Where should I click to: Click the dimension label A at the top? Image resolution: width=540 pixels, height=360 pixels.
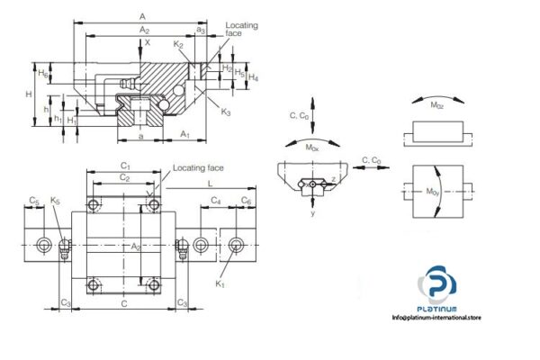point(143,16)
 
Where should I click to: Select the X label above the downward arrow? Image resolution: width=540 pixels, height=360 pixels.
point(148,41)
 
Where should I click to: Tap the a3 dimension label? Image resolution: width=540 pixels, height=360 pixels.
point(201,31)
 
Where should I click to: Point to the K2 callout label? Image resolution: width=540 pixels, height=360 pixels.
point(178,44)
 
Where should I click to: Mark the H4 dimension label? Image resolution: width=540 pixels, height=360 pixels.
point(254,77)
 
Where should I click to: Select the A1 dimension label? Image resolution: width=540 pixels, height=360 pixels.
point(184,134)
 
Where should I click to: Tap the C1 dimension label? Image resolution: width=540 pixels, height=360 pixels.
point(126,166)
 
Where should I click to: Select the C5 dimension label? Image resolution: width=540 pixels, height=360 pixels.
point(33,201)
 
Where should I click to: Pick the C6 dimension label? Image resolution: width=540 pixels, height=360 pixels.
point(247,201)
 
